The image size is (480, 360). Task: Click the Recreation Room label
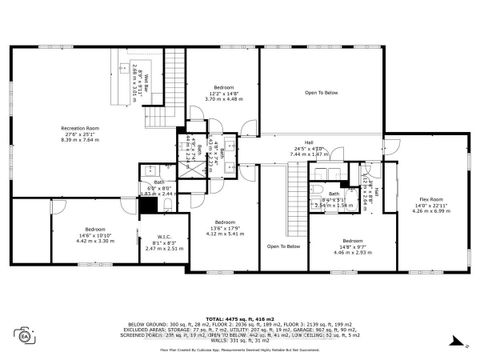coord(80,129)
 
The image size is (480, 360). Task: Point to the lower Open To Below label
coord(284,245)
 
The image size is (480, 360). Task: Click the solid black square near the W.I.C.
coord(147,205)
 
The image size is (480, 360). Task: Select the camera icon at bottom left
coord(22,334)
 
